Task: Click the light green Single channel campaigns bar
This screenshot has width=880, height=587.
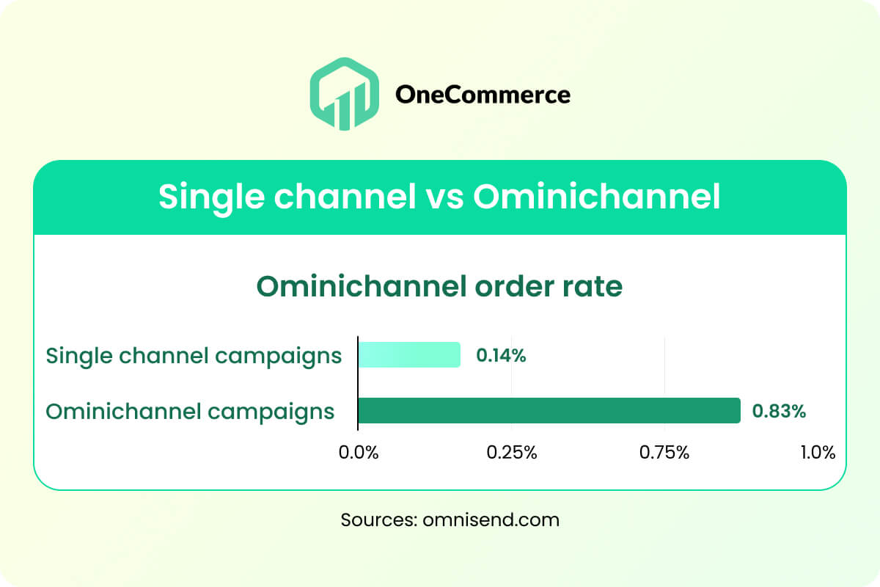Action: pos(409,354)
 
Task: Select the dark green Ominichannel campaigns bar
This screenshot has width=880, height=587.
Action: pos(549,410)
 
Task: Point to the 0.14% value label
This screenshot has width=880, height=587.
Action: pos(501,355)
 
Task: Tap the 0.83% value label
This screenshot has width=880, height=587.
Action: pos(779,411)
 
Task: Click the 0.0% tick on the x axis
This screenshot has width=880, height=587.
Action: pos(359,453)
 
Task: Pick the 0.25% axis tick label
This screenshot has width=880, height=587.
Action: pos(512,453)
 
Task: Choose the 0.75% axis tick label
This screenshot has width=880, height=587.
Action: pos(664,453)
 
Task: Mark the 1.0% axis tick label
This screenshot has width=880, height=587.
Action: pos(818,453)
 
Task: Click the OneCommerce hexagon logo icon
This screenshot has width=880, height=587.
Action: pos(345,94)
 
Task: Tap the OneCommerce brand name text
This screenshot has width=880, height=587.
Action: pos(483,95)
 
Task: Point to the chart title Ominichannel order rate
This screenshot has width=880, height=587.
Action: pos(439,286)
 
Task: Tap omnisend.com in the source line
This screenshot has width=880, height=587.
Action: pos(491,519)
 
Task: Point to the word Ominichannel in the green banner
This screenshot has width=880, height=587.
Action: pos(597,195)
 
